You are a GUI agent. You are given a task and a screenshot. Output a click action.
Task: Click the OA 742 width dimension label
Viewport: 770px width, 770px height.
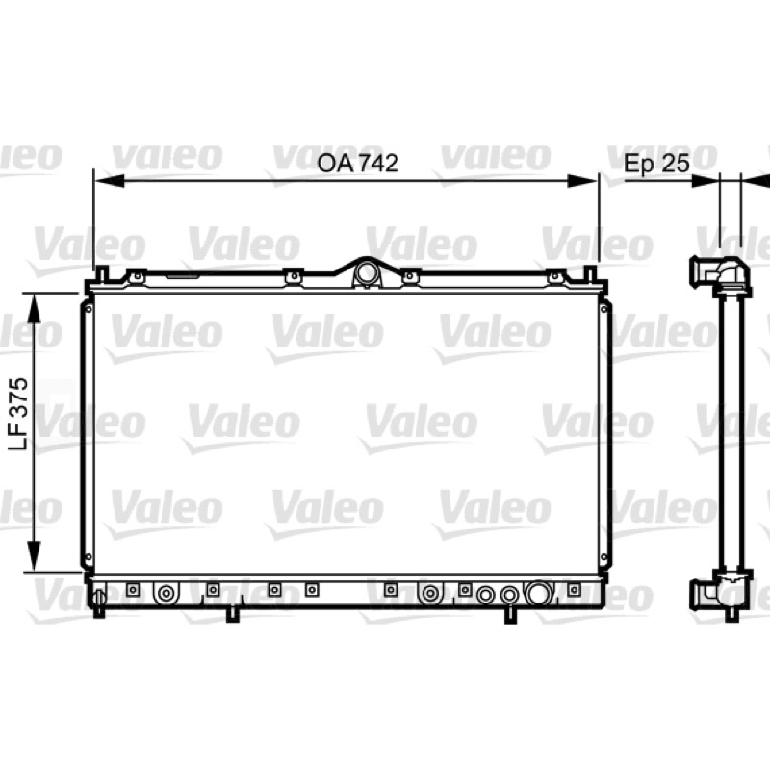[x=357, y=164]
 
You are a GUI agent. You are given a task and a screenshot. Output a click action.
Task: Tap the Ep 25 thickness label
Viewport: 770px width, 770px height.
[x=656, y=163]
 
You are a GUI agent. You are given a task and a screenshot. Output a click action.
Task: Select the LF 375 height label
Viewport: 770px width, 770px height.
[x=20, y=414]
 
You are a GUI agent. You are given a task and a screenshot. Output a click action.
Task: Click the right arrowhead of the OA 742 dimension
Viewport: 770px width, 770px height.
[x=582, y=181]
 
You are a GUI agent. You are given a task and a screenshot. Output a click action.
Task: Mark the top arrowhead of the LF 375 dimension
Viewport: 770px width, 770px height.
[x=34, y=308]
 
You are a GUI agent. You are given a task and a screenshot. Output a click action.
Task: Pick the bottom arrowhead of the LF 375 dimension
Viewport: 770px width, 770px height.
[x=34, y=556]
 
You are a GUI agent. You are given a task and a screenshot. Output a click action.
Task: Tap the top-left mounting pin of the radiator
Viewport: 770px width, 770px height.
[x=102, y=273]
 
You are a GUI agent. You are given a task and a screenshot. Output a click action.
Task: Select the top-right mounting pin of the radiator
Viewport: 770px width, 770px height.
[x=590, y=273]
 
